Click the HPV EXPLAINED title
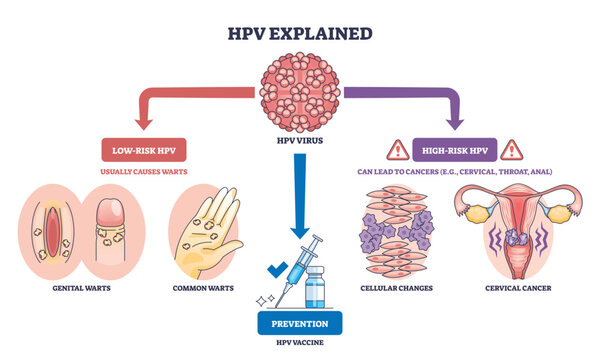tap(299, 33)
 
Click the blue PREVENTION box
tap(300, 322)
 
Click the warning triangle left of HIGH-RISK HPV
tap(399, 150)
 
